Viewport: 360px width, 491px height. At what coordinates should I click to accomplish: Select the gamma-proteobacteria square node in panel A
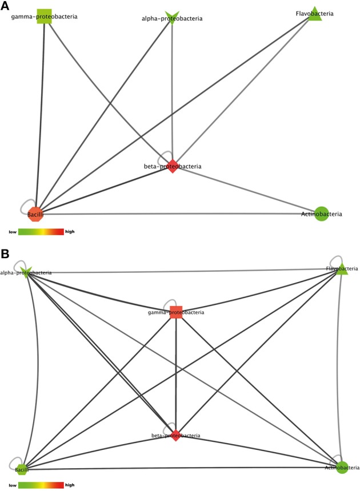pos(45,17)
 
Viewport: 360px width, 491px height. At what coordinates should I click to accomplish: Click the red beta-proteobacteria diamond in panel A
pos(173,166)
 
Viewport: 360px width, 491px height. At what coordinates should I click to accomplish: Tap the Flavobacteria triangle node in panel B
pos(341,268)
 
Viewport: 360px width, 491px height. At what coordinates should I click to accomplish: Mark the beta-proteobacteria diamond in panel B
pos(175,435)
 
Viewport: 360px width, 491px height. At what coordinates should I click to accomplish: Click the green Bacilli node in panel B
pos(22,470)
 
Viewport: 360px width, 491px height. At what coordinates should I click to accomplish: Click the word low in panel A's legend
pos(13,232)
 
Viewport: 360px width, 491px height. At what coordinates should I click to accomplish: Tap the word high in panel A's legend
pos(70,232)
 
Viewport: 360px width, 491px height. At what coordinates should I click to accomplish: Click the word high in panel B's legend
pos(70,485)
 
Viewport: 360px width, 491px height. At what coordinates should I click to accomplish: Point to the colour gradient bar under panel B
pos(41,485)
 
